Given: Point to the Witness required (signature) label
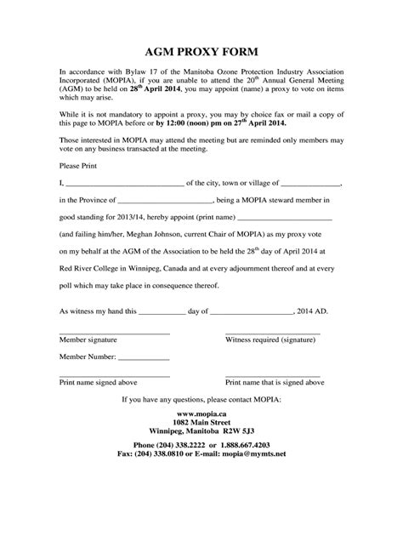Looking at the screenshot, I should coord(274,339).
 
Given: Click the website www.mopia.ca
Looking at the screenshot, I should coord(201,412).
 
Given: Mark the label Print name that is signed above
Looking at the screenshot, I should coord(274,383).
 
